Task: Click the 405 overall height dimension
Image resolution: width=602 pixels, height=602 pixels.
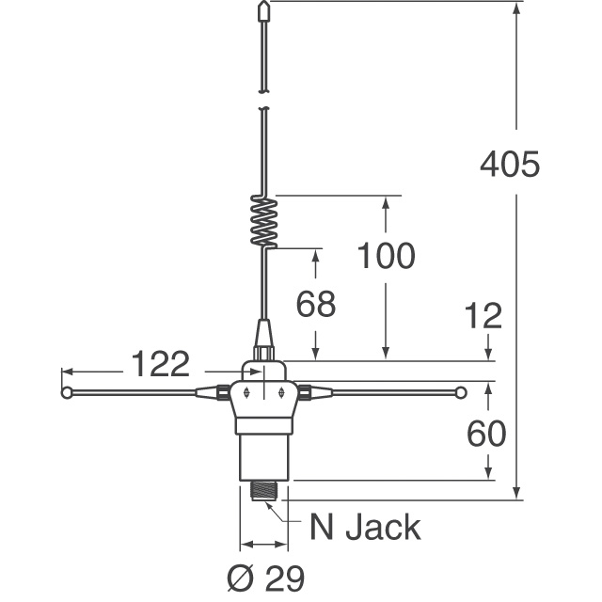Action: click(509, 165)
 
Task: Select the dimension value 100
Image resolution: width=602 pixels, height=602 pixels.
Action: click(386, 255)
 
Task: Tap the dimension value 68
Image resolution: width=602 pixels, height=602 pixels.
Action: click(316, 305)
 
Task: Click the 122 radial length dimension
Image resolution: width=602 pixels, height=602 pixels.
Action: click(159, 363)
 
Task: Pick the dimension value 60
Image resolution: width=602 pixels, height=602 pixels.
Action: click(487, 433)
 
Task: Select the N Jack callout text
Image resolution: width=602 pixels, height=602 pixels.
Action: click(365, 528)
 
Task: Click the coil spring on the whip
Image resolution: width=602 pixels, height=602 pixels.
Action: click(265, 222)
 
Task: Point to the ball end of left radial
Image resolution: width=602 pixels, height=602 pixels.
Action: click(68, 392)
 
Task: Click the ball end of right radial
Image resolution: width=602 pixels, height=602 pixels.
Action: click(461, 392)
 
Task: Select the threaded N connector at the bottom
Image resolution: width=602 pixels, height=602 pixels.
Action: click(265, 491)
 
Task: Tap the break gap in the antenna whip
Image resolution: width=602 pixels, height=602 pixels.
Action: click(264, 100)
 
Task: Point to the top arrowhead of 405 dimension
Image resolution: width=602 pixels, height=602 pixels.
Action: click(516, 9)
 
